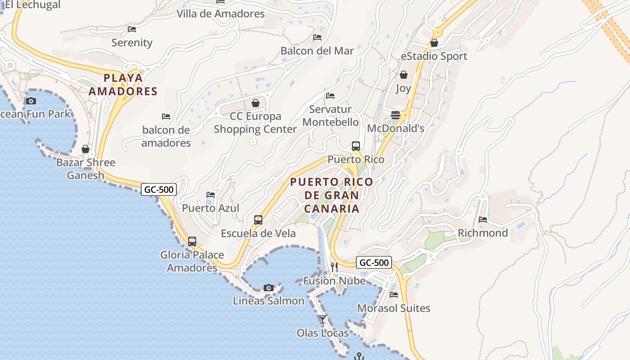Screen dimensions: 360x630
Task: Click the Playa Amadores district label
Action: (x=123, y=85)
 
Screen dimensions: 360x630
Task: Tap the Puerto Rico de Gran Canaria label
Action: (x=332, y=195)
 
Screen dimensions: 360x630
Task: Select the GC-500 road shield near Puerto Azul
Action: (x=159, y=189)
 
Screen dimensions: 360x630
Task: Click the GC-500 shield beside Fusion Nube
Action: (x=374, y=262)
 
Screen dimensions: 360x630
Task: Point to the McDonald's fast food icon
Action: (x=396, y=115)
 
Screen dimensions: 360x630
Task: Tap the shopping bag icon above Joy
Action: (x=404, y=75)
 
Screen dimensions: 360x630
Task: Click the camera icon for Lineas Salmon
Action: (x=269, y=288)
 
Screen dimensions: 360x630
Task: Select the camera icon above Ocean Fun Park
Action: (x=31, y=101)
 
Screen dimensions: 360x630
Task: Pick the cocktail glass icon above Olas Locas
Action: (x=322, y=319)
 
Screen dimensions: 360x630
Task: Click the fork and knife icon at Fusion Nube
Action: (x=334, y=267)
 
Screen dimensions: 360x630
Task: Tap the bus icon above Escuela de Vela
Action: (x=258, y=220)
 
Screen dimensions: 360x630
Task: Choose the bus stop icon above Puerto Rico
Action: (x=356, y=146)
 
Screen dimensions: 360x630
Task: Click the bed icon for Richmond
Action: (x=483, y=220)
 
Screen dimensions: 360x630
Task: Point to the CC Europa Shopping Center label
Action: (x=255, y=123)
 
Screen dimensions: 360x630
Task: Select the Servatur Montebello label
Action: (x=331, y=116)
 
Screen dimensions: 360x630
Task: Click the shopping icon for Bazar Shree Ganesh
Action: (x=85, y=149)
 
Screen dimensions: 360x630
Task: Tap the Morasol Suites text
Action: (x=394, y=308)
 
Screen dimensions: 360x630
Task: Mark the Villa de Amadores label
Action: (x=220, y=14)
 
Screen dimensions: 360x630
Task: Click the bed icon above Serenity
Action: (x=132, y=29)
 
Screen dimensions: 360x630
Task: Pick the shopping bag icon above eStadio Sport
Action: (x=434, y=43)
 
